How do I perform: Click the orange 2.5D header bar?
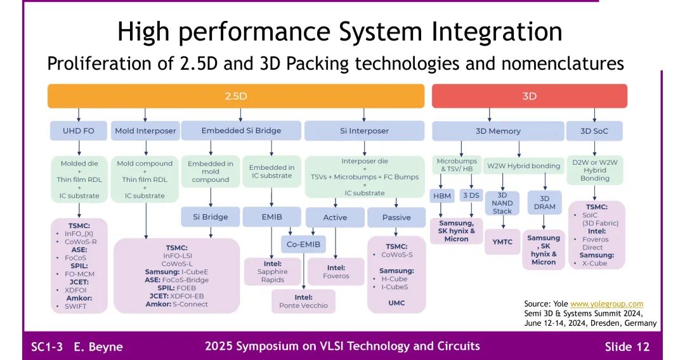tap(236, 96)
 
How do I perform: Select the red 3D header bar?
tap(529, 96)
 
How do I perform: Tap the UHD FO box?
tap(79, 131)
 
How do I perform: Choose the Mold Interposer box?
tap(145, 131)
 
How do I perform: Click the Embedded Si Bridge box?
tap(241, 131)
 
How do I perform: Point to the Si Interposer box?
tap(364, 131)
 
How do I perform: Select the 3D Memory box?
tap(498, 131)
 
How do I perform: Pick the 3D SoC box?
tap(594, 131)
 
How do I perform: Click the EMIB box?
tap(271, 217)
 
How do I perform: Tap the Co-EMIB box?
tap(303, 244)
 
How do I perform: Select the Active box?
tap(335, 217)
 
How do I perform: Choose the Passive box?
tap(396, 217)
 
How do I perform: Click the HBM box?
tap(441, 196)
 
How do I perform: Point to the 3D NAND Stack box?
tap(502, 203)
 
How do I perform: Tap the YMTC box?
tap(502, 241)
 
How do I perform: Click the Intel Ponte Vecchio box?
tap(304, 302)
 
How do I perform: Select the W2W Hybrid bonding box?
tap(523, 166)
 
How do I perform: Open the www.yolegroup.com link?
tap(606, 304)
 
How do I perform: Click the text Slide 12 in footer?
tap(627, 347)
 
